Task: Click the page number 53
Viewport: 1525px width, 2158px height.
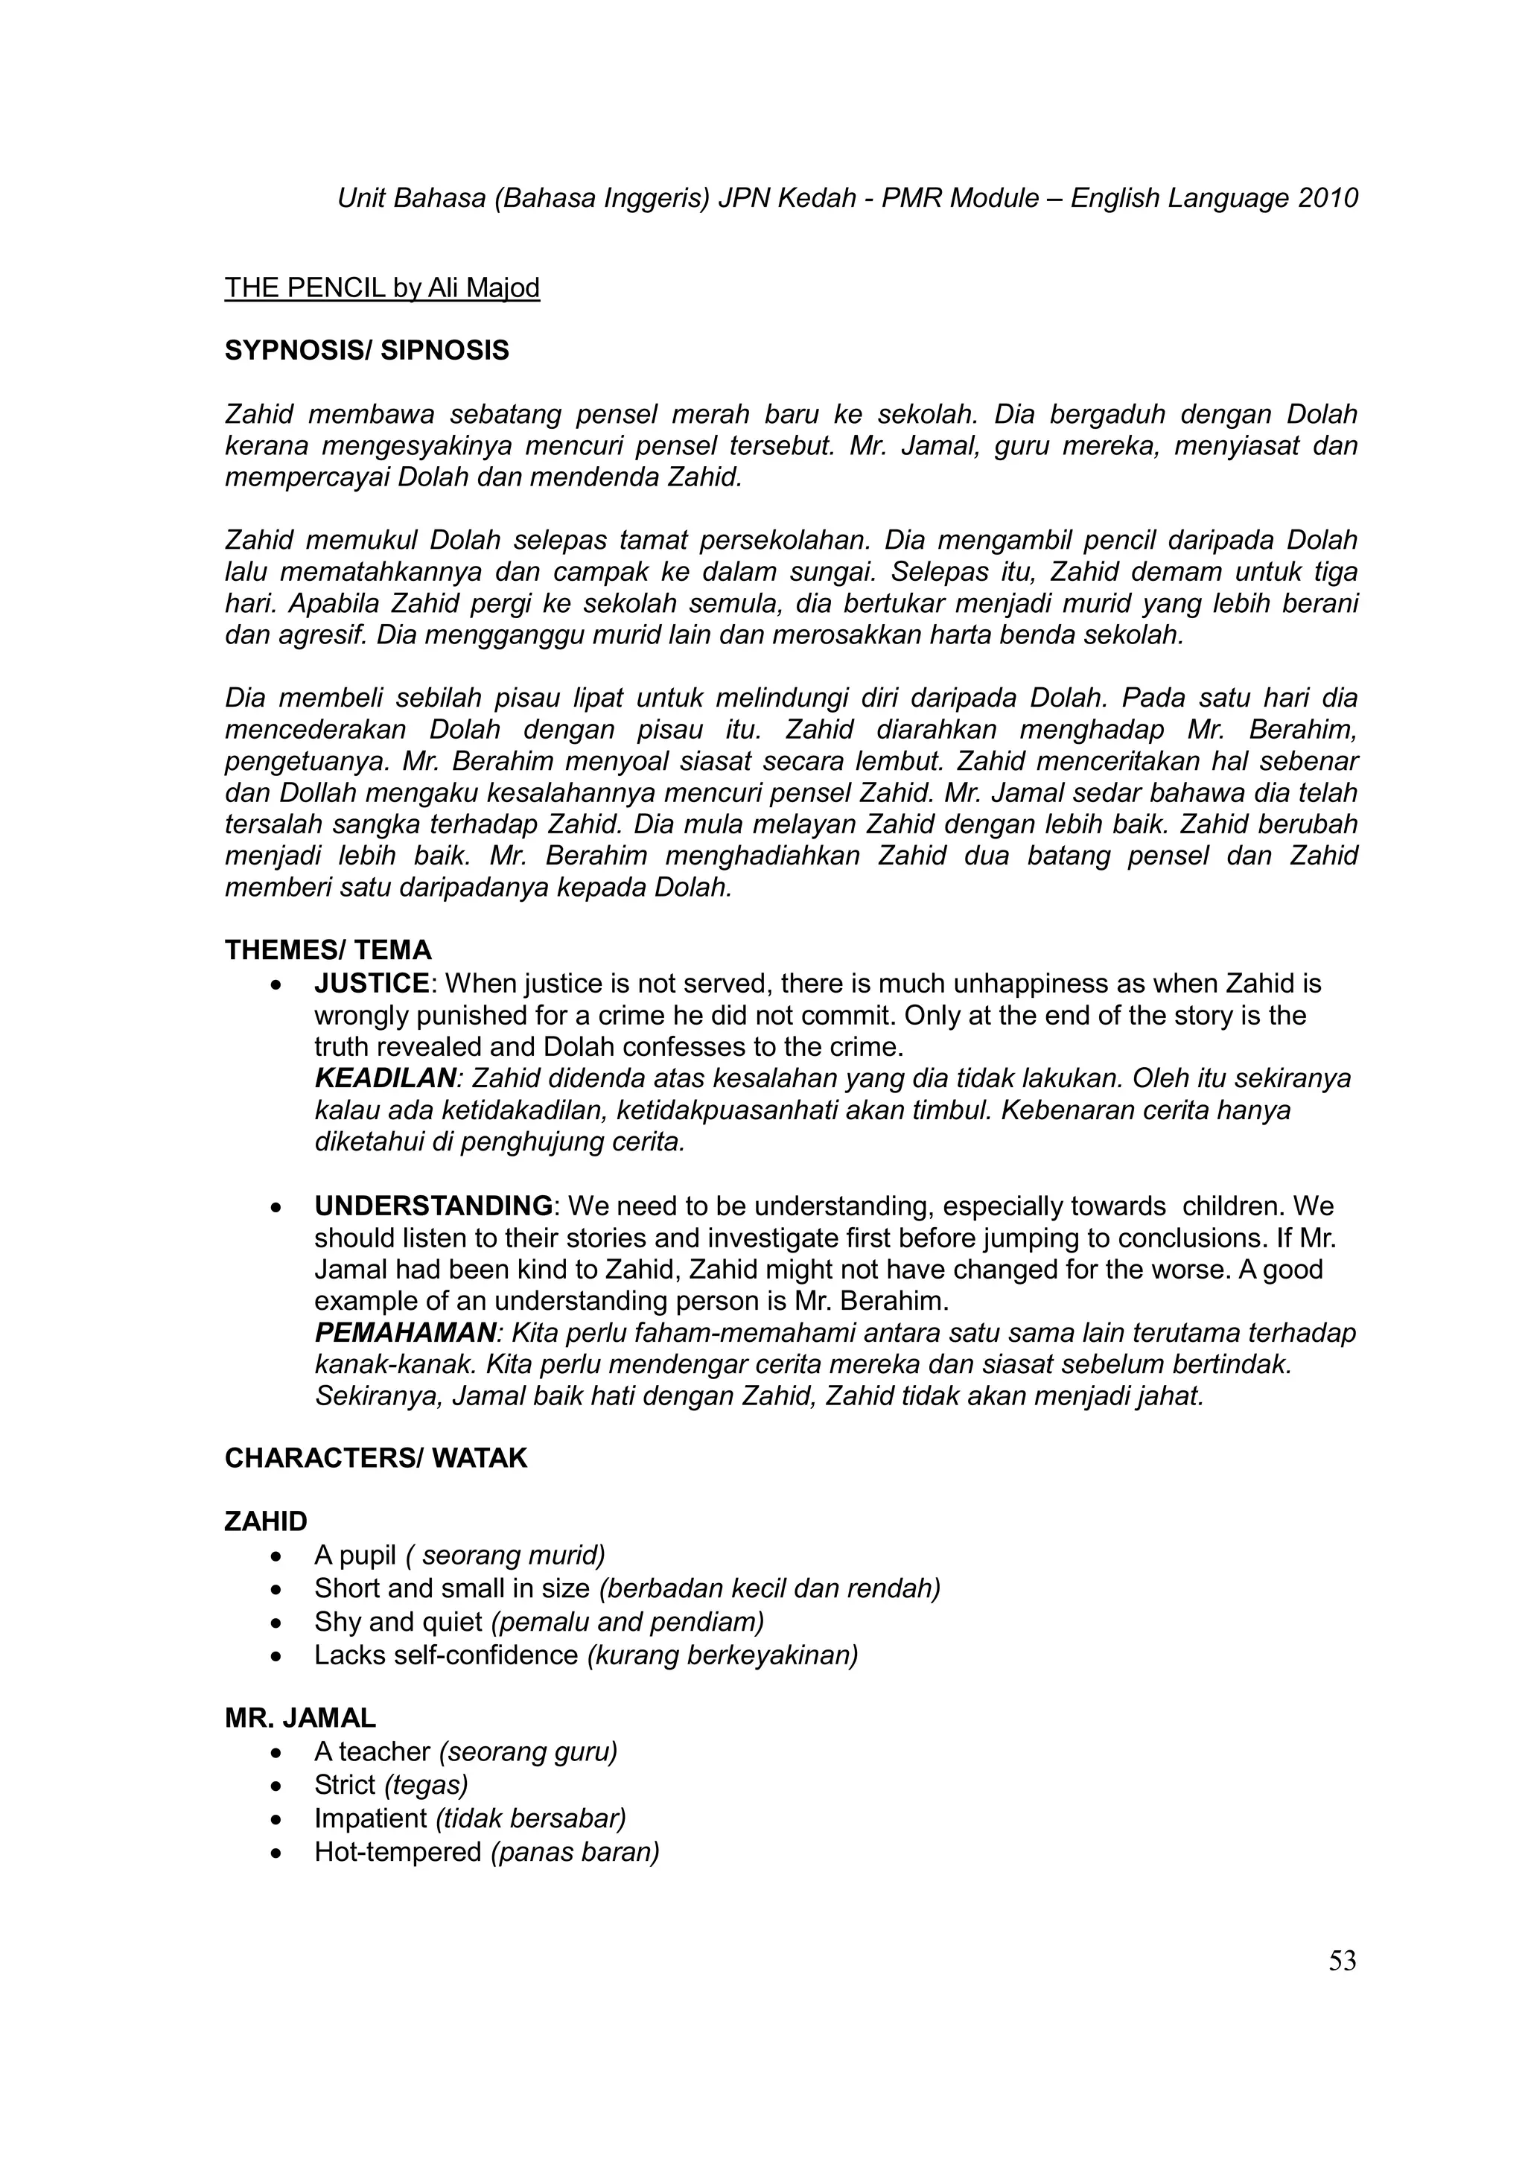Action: [1342, 1961]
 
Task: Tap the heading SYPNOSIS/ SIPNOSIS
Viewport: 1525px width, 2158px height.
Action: [366, 351]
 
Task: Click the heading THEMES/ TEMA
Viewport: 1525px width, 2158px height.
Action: [328, 950]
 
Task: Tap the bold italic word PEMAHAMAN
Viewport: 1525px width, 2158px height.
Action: [405, 1333]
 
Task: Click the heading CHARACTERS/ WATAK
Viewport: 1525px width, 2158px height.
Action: [376, 1459]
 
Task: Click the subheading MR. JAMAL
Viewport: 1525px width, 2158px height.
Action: [300, 1718]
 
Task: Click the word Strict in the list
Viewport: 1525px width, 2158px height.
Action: [345, 1785]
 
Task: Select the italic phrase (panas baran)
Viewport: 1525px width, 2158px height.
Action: [575, 1853]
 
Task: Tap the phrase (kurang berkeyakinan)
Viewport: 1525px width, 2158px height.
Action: [722, 1655]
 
